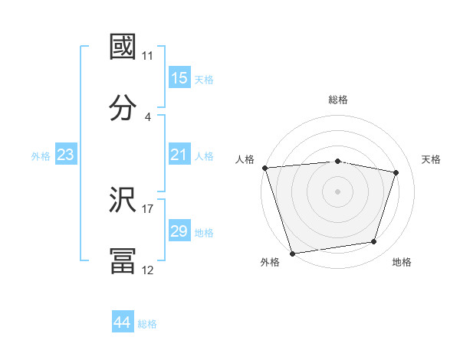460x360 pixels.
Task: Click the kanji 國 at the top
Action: click(x=123, y=47)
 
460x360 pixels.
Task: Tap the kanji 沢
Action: click(x=123, y=201)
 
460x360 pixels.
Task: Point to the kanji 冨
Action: click(x=123, y=260)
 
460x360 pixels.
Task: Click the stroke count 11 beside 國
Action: click(x=148, y=56)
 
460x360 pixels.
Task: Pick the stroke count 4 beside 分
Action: click(x=148, y=116)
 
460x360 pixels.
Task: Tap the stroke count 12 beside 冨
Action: click(x=148, y=270)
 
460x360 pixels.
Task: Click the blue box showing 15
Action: click(x=179, y=78)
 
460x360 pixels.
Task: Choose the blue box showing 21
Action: click(x=179, y=155)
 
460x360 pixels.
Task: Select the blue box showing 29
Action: click(x=179, y=231)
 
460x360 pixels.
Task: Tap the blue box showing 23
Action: click(x=65, y=155)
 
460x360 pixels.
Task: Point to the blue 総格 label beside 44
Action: click(x=147, y=324)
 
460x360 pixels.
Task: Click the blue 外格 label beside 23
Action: click(x=41, y=156)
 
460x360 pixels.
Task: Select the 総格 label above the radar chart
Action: click(x=338, y=100)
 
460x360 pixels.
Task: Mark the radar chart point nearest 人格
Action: click(x=264, y=168)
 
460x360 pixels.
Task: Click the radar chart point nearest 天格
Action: click(x=396, y=173)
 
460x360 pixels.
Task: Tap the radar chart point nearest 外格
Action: click(x=292, y=252)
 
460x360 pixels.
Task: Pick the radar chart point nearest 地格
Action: click(x=374, y=242)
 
